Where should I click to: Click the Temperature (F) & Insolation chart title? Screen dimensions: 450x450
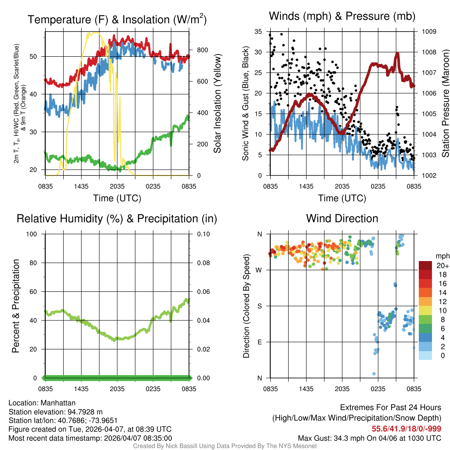[x=117, y=20]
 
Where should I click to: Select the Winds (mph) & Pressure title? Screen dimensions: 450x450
[x=342, y=16]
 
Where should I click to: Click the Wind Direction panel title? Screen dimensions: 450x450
[x=342, y=218]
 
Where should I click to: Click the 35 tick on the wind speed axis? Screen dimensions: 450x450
[x=258, y=32]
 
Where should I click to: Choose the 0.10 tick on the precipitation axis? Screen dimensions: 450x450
[x=203, y=234]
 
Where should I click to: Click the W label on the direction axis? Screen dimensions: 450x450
[x=259, y=270]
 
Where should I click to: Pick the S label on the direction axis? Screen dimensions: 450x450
[x=260, y=306]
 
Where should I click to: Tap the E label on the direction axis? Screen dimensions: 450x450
[x=260, y=342]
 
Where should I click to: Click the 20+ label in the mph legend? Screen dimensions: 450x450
[x=442, y=265]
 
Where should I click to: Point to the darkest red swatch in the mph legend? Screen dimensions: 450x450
[x=425, y=265]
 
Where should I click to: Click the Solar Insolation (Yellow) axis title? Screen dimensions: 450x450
[x=218, y=103]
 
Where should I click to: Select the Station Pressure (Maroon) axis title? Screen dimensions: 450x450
[x=445, y=103]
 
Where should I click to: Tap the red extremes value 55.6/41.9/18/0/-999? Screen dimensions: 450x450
[x=406, y=429]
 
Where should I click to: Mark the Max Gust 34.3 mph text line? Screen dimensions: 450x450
[x=370, y=438]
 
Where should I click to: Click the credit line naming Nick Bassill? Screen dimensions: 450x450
[x=225, y=446]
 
